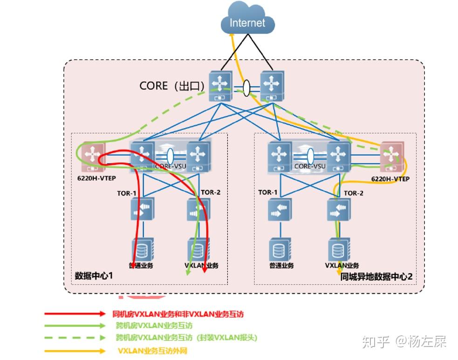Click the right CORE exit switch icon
click(272, 87)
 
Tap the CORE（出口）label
click(172, 86)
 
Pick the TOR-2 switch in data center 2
click(337, 210)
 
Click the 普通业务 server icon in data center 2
click(280, 249)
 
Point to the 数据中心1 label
click(94, 276)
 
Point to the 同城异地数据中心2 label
click(376, 276)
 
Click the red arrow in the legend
click(75, 314)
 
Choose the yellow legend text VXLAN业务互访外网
click(152, 351)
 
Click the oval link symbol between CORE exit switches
click(246, 87)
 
